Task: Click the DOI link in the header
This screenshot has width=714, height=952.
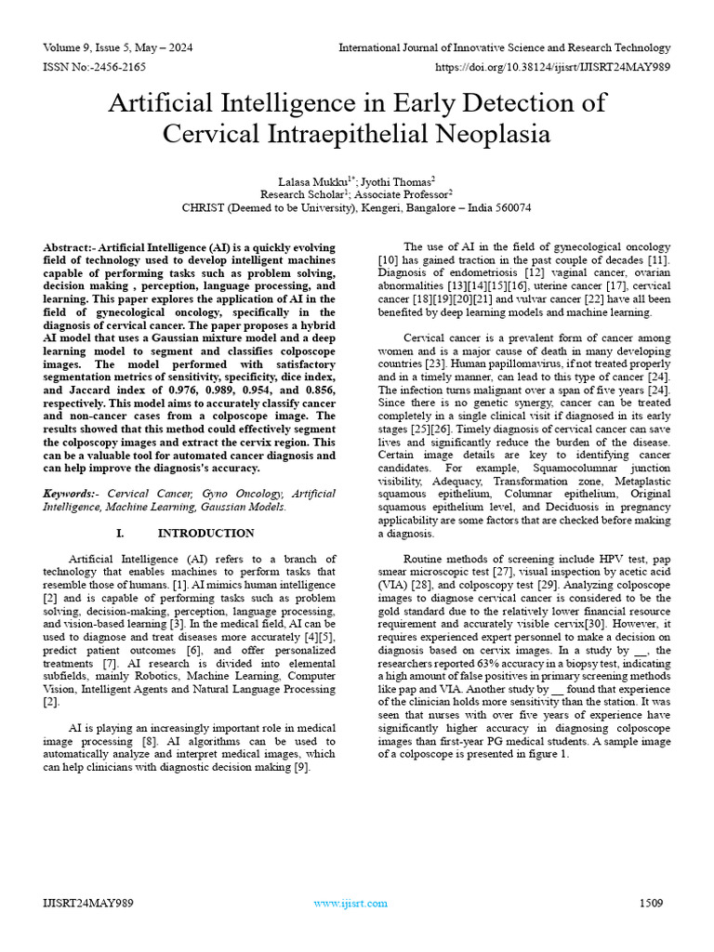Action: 552,68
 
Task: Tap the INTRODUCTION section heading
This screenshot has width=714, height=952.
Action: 205,533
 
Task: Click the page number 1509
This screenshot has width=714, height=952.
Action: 652,904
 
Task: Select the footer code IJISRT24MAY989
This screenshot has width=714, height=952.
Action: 88,904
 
